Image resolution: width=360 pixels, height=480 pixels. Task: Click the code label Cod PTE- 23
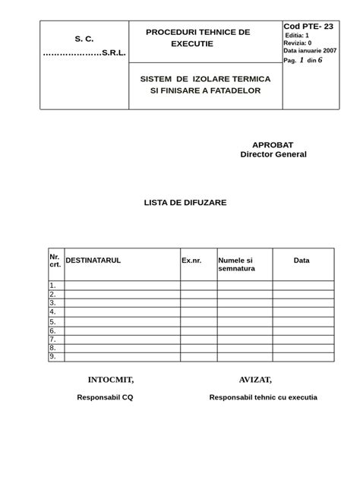click(x=308, y=27)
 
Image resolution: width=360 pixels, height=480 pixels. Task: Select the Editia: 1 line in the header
click(x=296, y=36)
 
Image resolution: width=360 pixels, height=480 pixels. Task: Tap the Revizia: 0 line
click(x=297, y=43)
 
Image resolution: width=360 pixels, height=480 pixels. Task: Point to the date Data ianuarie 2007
click(x=311, y=51)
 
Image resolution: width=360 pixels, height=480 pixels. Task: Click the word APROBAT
click(x=273, y=144)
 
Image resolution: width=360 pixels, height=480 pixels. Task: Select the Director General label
click(x=273, y=154)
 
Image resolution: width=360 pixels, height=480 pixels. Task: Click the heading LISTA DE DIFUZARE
click(x=185, y=203)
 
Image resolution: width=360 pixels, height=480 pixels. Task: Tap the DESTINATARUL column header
click(x=93, y=261)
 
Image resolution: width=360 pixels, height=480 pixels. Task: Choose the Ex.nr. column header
click(x=191, y=261)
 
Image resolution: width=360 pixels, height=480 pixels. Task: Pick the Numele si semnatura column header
click(x=236, y=264)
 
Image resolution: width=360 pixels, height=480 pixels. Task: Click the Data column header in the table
click(x=302, y=261)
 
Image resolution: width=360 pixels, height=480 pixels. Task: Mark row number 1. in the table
click(x=53, y=286)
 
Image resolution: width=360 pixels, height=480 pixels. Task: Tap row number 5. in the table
click(x=53, y=322)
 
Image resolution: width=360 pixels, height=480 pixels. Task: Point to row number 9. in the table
click(x=53, y=356)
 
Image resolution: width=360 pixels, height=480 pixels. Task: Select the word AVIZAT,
click(x=255, y=380)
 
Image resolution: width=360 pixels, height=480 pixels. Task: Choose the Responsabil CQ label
click(x=106, y=397)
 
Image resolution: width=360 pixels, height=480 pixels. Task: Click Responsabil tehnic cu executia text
click(x=263, y=397)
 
